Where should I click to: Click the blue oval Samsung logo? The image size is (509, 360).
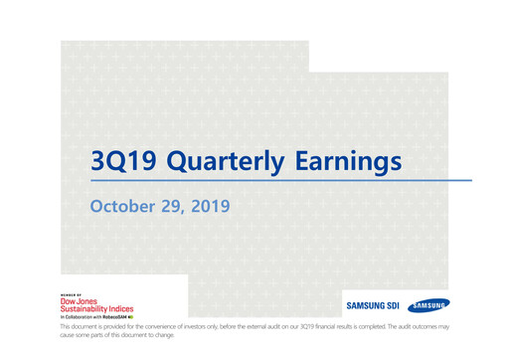(427, 305)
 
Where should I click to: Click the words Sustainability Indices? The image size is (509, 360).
(100, 309)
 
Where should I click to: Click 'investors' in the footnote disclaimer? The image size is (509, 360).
(180, 327)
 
